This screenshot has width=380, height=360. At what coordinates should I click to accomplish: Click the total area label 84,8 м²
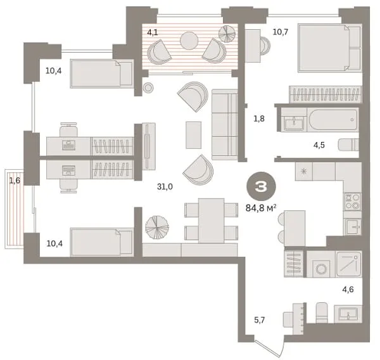click(x=261, y=208)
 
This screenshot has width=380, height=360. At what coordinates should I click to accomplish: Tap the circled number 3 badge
click(x=261, y=186)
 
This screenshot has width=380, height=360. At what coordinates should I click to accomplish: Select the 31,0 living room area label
click(x=165, y=186)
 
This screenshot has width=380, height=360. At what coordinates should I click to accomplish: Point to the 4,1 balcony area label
click(x=153, y=32)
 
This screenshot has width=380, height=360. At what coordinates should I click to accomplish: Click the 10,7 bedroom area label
click(x=281, y=32)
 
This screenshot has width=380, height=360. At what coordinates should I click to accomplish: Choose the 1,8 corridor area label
click(x=259, y=119)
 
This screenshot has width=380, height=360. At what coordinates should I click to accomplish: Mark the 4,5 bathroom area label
click(x=319, y=145)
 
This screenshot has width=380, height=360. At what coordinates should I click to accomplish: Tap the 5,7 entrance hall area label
click(x=259, y=320)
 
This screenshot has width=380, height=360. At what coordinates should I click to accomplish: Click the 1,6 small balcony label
click(x=15, y=181)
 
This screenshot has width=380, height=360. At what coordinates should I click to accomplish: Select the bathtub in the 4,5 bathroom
click(x=332, y=120)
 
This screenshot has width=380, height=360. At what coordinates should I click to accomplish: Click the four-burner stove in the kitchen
click(x=352, y=202)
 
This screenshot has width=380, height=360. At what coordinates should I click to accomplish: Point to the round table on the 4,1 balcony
click(x=189, y=41)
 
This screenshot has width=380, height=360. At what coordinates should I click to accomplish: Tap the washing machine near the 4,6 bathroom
click(x=321, y=264)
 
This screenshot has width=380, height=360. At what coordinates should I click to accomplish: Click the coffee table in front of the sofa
click(x=193, y=135)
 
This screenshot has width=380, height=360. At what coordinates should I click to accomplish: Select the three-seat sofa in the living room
click(x=225, y=124)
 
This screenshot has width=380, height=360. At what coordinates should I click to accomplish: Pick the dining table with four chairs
click(x=212, y=221)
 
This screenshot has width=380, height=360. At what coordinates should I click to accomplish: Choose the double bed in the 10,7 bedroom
click(x=330, y=48)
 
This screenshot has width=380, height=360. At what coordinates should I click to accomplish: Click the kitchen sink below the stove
click(x=353, y=227)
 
